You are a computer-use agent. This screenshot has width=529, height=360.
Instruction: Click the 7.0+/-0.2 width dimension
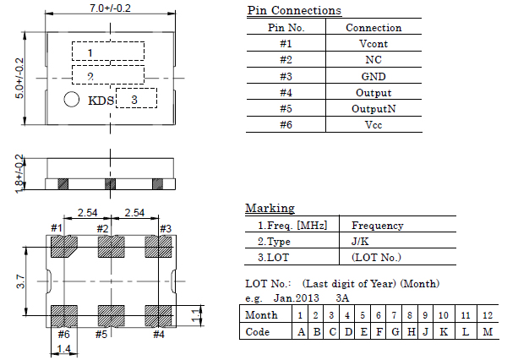110,8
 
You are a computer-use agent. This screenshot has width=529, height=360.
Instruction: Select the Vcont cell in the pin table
374,44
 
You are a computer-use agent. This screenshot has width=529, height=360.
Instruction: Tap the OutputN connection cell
374,109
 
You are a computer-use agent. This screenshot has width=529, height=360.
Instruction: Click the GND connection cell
374,76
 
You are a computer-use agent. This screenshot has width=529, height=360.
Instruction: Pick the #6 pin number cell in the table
285,125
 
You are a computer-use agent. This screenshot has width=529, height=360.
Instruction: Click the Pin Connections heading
294,11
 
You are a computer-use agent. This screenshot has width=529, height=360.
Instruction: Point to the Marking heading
270,208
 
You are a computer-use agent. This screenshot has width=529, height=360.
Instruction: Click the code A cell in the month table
300,331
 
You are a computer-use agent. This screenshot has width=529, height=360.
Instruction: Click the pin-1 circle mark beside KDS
72,101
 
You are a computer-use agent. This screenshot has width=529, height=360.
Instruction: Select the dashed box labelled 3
135,98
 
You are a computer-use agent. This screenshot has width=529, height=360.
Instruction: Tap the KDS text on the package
100,101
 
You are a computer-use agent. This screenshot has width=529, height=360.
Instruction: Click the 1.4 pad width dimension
64,348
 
